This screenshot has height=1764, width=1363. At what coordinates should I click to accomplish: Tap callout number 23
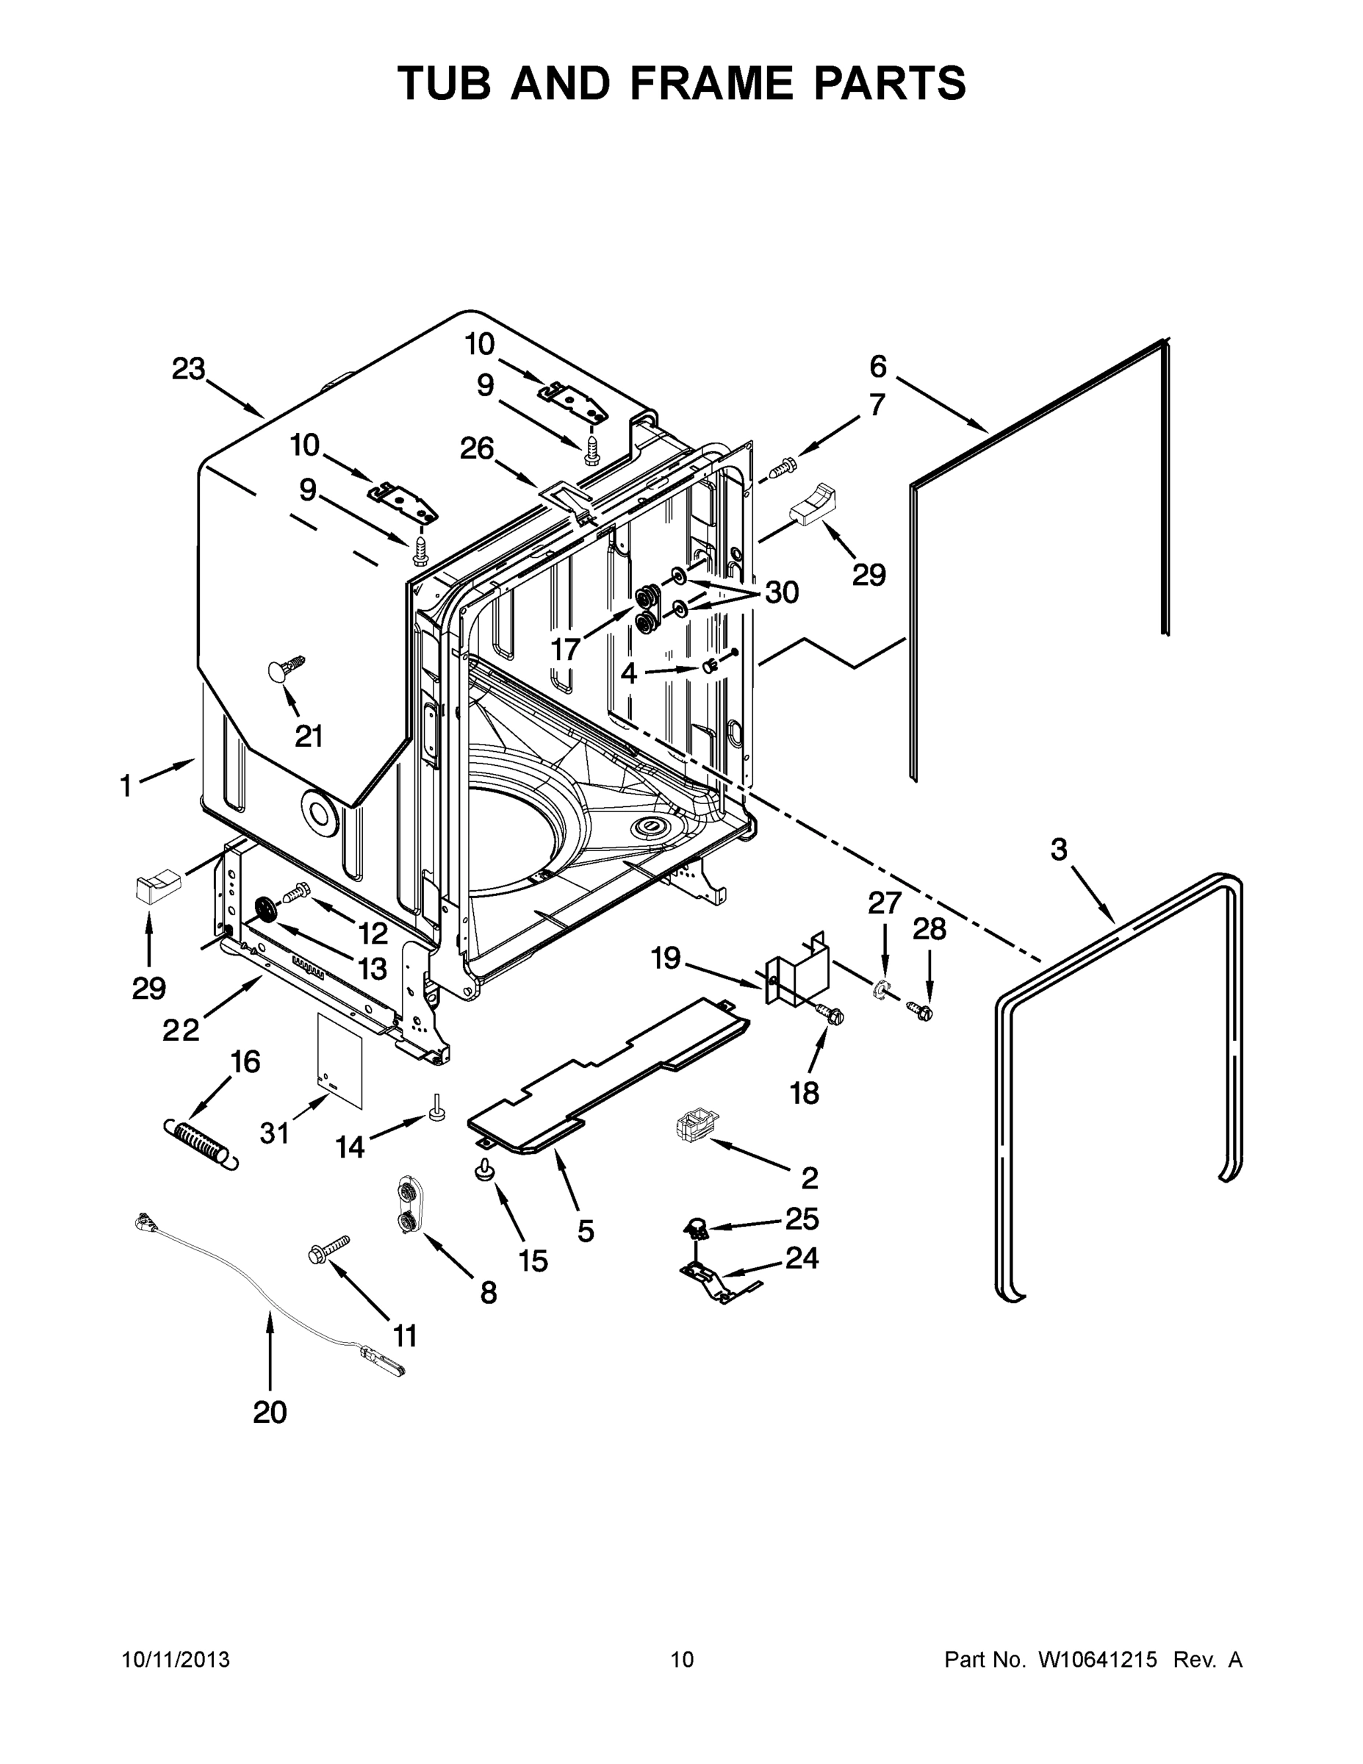click(189, 369)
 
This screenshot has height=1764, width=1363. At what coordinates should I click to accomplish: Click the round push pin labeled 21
click(280, 670)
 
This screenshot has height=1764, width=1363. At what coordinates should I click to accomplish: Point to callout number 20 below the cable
click(270, 1412)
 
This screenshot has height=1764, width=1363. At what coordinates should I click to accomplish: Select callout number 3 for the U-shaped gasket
click(1059, 849)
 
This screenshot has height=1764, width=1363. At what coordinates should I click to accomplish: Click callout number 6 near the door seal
click(878, 367)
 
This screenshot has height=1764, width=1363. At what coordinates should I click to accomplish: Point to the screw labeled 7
click(782, 467)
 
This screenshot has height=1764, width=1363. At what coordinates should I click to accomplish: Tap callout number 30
click(782, 592)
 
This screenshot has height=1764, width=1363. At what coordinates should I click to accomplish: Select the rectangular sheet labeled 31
click(339, 1059)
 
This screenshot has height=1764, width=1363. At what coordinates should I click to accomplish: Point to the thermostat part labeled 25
click(694, 1228)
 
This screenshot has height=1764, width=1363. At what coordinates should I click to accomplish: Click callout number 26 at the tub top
click(476, 448)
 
